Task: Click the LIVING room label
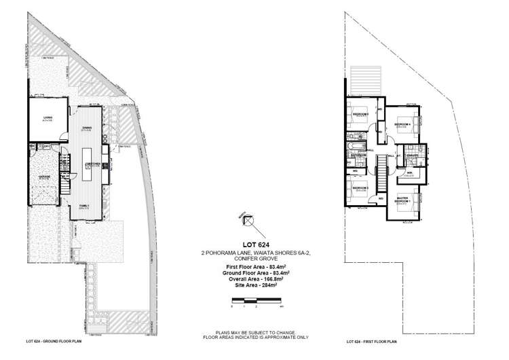[48, 119]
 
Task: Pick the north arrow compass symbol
[248, 219]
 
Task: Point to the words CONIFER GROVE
[254, 259]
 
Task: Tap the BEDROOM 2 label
[360, 187]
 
